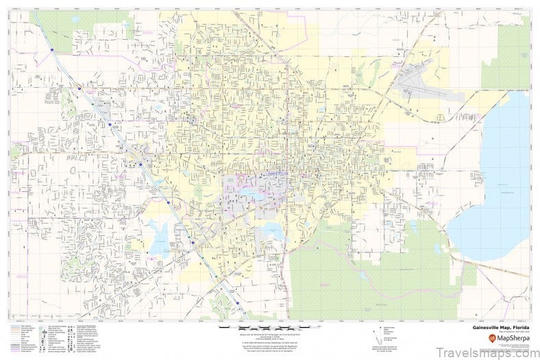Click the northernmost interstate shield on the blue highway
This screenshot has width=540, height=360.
click(79, 89)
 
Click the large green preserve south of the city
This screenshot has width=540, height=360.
click(356, 274)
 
